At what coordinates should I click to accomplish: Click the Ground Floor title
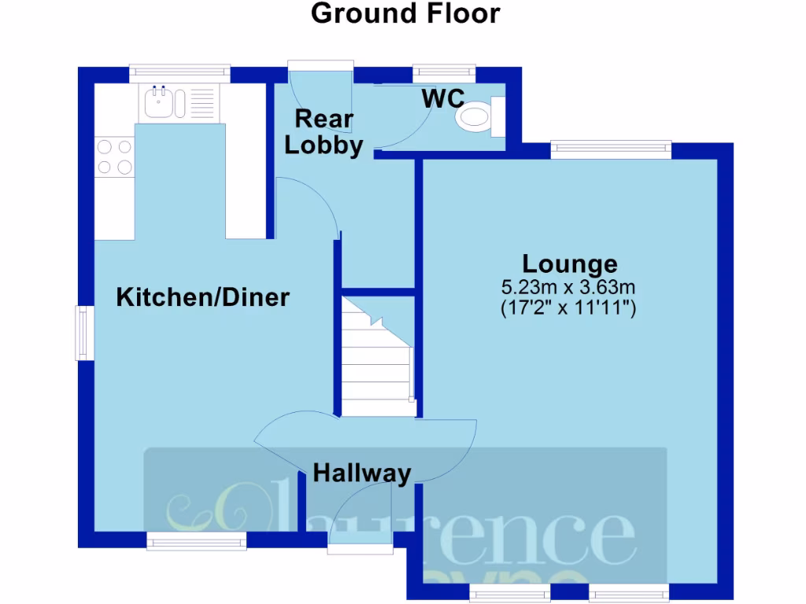[405, 13]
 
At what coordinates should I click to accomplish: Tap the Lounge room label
[571, 263]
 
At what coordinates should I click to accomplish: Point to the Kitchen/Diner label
[203, 297]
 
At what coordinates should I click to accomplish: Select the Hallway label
[362, 473]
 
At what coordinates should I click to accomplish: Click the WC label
[443, 99]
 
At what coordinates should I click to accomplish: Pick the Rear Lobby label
[324, 132]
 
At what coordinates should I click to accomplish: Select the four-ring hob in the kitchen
[114, 156]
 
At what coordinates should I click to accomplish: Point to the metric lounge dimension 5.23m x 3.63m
[568, 287]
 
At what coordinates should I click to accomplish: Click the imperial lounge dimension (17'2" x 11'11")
[568, 308]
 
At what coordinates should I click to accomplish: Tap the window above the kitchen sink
[179, 72]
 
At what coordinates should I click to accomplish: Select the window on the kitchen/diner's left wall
[82, 333]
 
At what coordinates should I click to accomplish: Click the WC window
[444, 72]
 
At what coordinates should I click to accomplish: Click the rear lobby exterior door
[320, 68]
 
